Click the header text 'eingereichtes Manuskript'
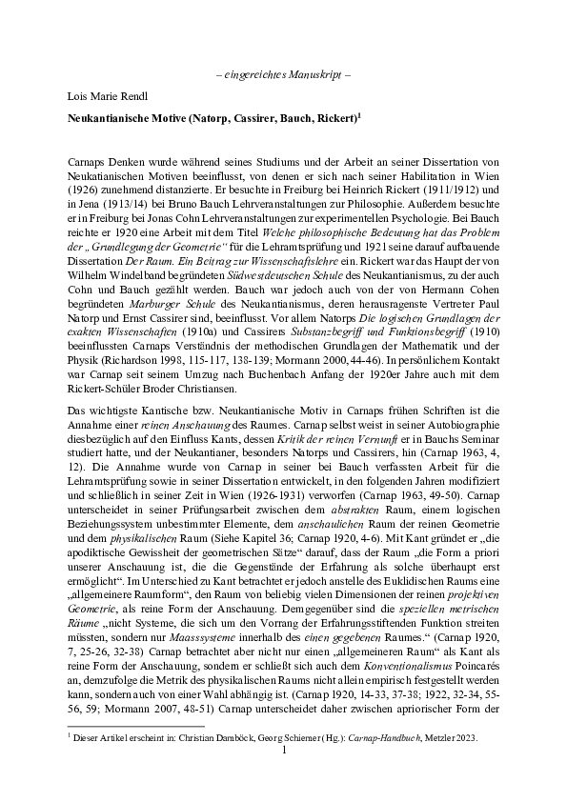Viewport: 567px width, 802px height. click(284, 75)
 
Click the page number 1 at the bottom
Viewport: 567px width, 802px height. click(284, 752)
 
